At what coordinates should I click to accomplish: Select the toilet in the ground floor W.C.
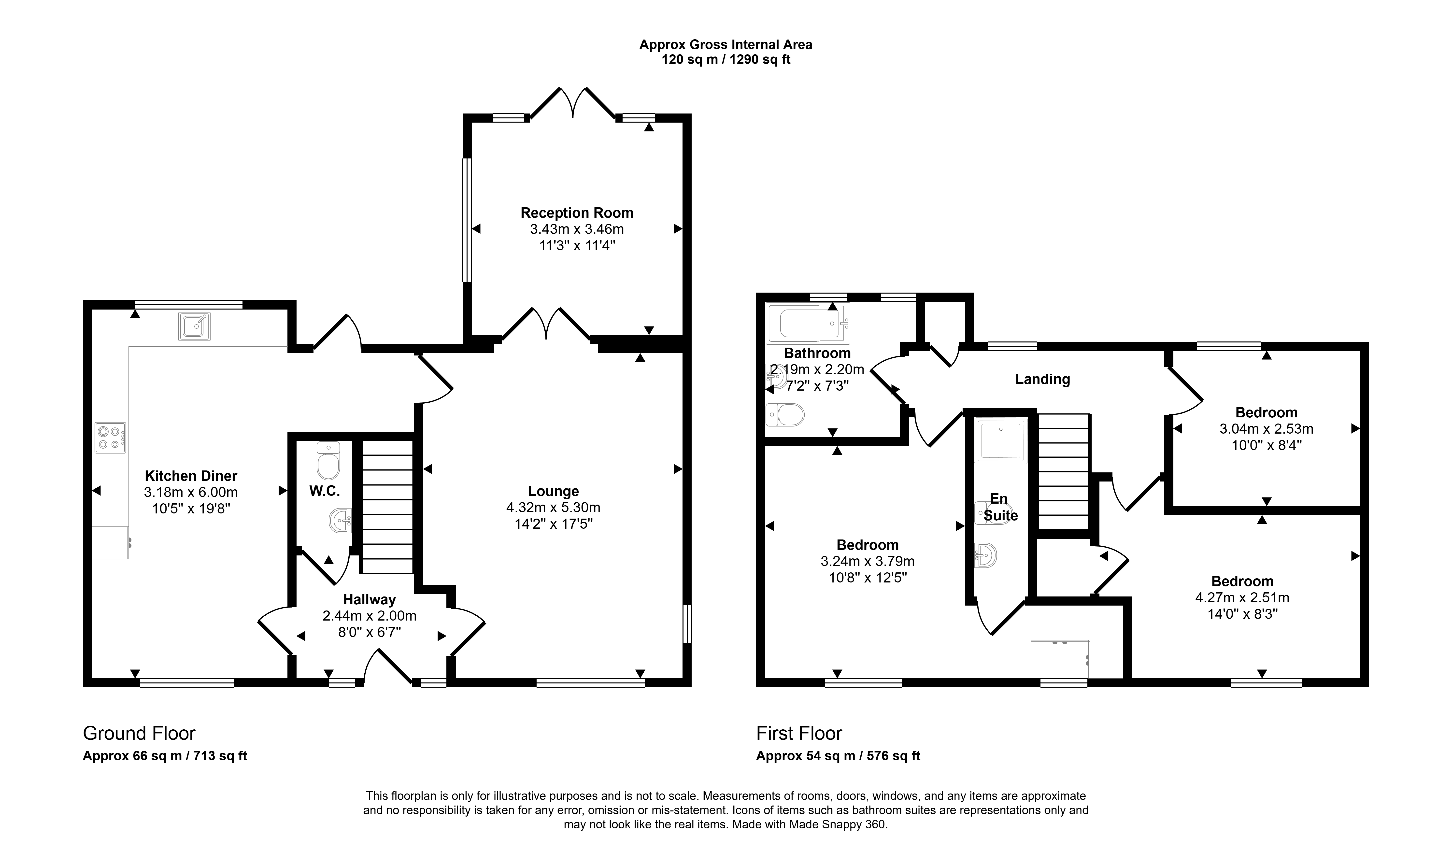tap(328, 460)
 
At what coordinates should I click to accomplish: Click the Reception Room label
tap(577, 213)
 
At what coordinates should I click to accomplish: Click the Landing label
tap(1042, 379)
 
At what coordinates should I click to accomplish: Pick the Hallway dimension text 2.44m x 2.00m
tap(369, 615)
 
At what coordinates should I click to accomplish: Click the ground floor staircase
tap(387, 507)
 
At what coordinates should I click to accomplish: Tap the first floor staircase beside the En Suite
tap(1064, 471)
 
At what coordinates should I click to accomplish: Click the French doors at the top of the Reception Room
tap(573, 104)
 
